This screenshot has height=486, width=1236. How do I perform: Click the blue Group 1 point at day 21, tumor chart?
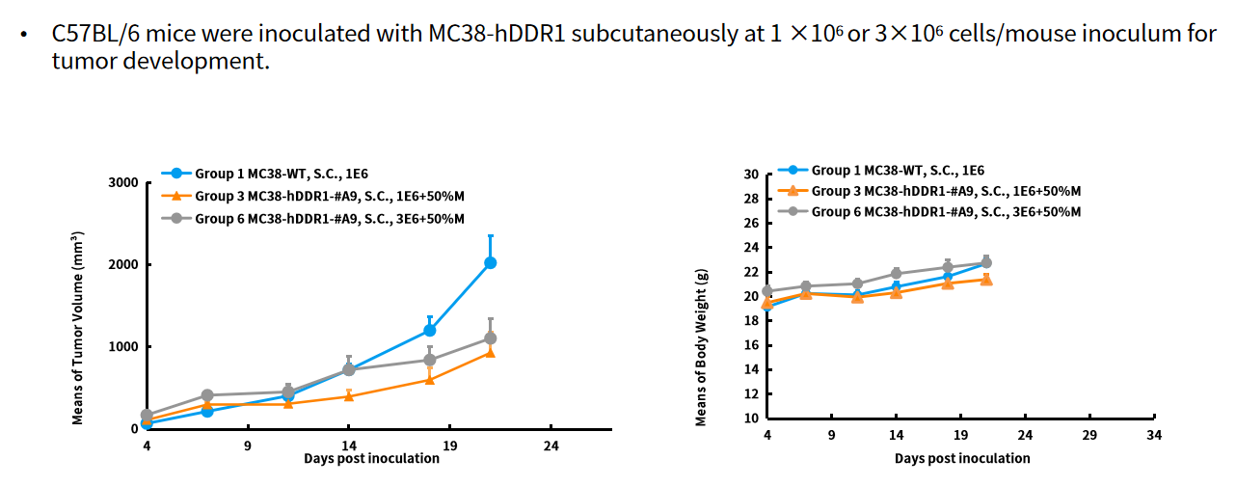tap(490, 262)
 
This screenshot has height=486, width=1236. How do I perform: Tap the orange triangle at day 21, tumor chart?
tap(490, 353)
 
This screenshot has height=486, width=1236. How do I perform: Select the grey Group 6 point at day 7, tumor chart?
tap(207, 395)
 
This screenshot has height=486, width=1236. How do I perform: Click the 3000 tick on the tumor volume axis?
tap(122, 183)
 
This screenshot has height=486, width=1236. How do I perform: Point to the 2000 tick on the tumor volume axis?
tap(122, 265)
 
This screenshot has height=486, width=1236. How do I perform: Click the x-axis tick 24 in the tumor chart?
tap(551, 446)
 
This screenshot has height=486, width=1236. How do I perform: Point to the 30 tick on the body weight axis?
tap(751, 175)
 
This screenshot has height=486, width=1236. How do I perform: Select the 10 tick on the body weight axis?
tap(751, 418)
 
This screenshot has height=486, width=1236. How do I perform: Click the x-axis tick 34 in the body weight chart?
tap(1154, 436)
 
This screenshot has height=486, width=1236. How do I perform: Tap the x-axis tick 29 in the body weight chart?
tap(1089, 436)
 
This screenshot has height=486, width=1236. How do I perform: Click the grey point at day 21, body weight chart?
tap(985, 262)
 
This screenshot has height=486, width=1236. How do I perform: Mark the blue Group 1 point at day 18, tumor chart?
tap(430, 331)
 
